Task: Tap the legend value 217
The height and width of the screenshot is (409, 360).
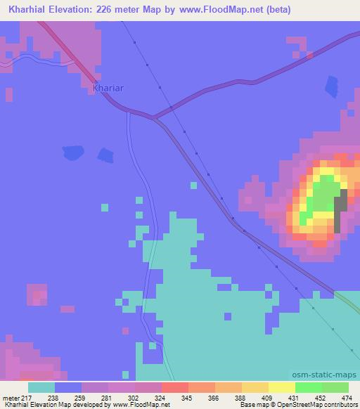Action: click(x=27, y=398)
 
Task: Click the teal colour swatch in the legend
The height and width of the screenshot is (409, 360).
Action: click(x=41, y=387)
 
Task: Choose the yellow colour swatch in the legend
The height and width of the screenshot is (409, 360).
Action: click(x=281, y=387)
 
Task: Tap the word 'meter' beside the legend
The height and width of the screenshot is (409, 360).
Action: click(x=11, y=398)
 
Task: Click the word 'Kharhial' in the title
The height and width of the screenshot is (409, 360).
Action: click(x=26, y=10)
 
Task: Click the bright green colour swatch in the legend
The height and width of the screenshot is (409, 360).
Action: click(x=308, y=387)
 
